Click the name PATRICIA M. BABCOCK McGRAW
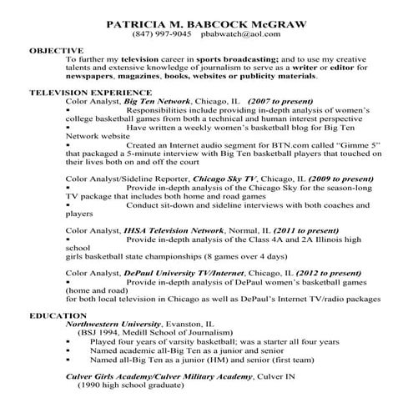207,23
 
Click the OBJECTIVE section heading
56,51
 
